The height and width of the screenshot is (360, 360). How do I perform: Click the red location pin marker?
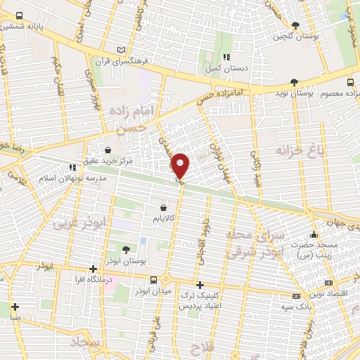pos(181,166)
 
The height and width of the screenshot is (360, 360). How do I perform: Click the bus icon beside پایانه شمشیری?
pos(18,15)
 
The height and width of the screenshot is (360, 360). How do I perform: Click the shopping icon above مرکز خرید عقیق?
pos(108,150)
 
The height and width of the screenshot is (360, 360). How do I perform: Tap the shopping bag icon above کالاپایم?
pos(164,207)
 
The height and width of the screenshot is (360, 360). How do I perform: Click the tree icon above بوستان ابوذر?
pos(127,250)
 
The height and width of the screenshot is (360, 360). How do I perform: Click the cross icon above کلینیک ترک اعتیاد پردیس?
pos(200,285)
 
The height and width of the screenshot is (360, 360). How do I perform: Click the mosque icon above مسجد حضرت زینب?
pos(314,235)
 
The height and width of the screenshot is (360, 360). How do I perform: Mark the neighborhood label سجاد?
pos(86,342)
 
